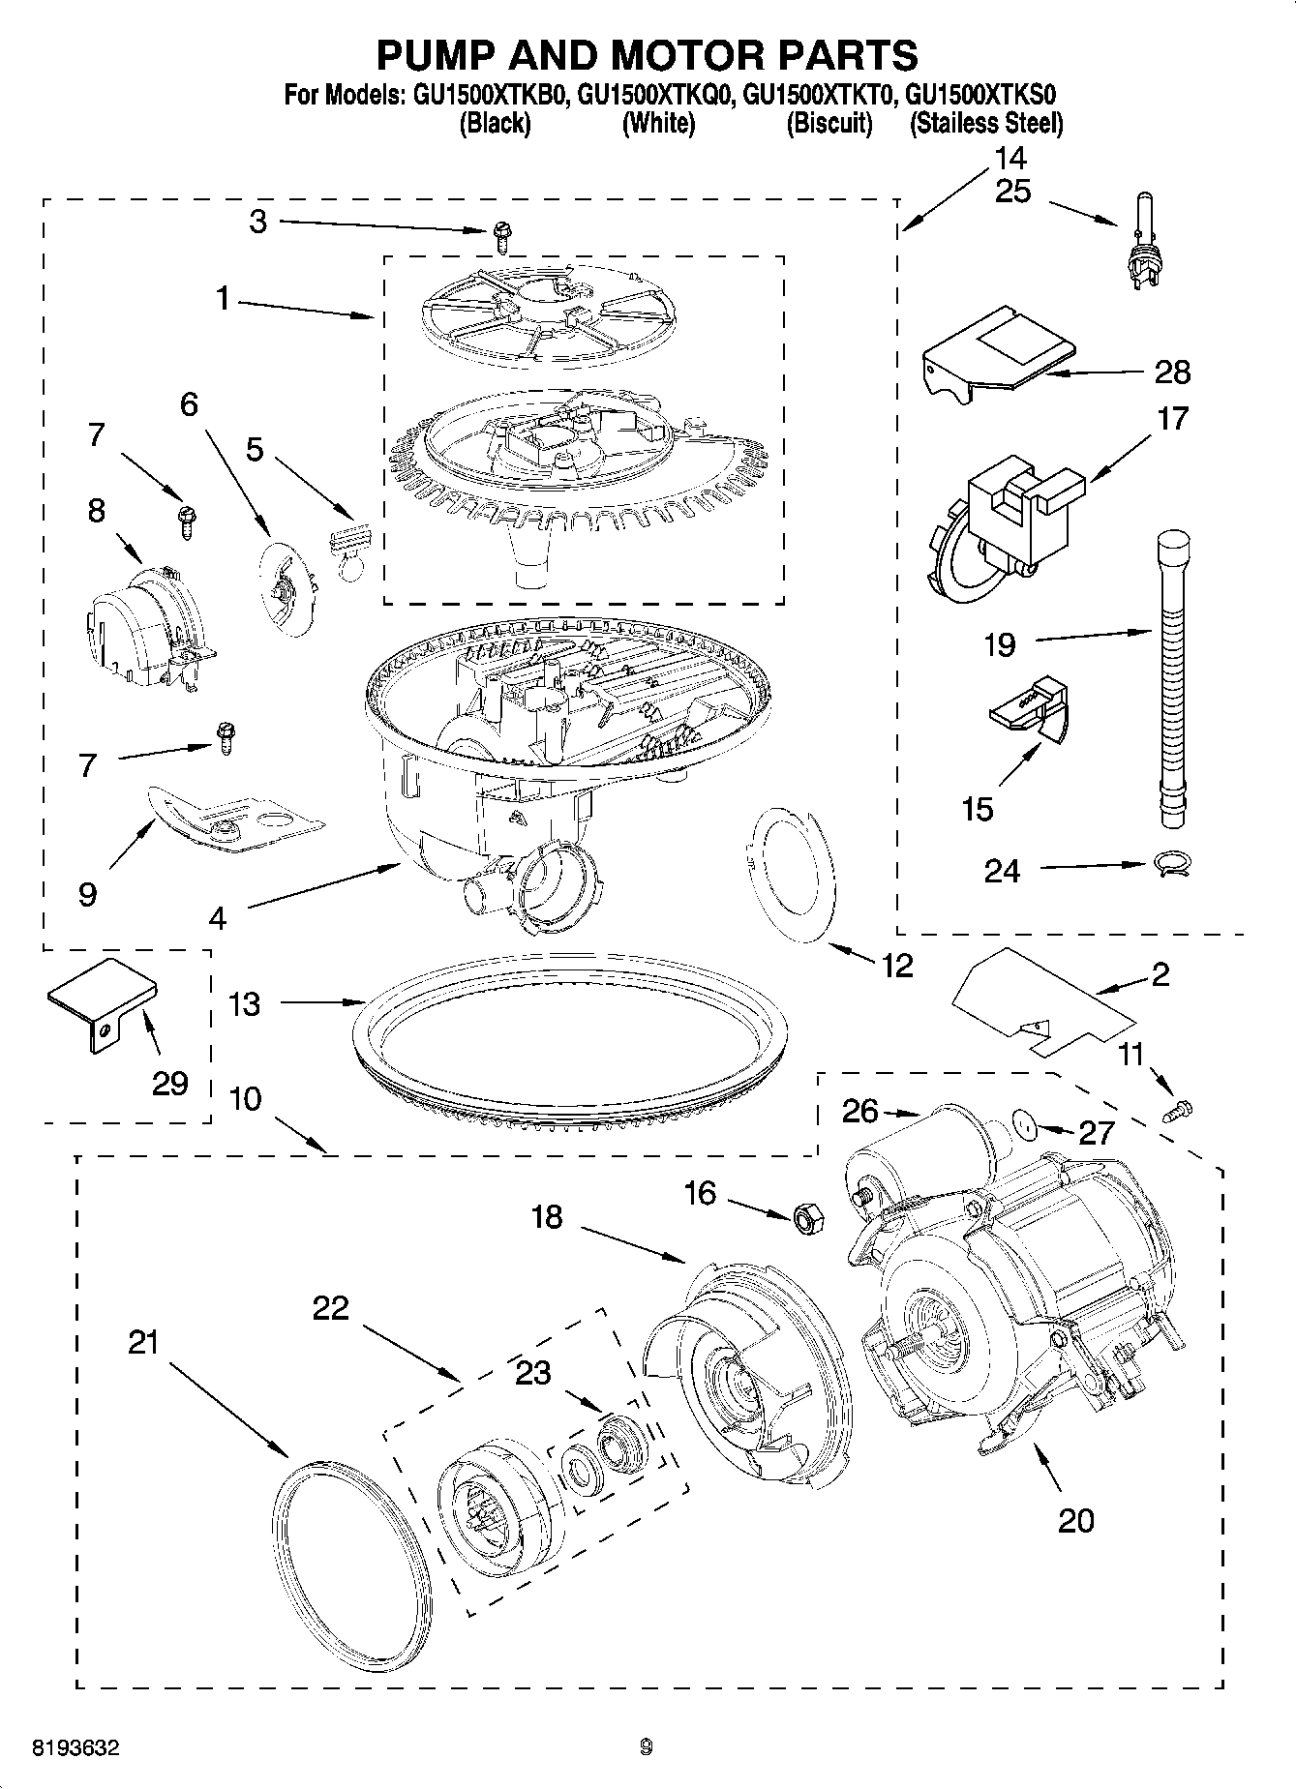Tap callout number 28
coord(1172,372)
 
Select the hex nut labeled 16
coord(806,1218)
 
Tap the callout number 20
coord(1075,1520)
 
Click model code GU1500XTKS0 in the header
coord(982,95)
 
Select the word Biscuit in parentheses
coord(829,123)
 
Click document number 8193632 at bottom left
coord(75,1748)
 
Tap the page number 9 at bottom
coord(647,1747)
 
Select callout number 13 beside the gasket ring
coord(244,1003)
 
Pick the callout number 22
coord(330,1308)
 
